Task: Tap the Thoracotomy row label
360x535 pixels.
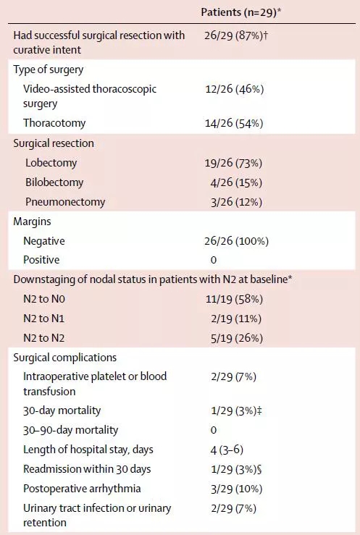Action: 54,123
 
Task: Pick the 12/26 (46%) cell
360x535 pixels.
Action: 235,89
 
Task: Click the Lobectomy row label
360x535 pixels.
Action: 51,163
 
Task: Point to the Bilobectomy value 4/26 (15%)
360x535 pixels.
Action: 236,182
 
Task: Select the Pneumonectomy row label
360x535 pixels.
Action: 65,202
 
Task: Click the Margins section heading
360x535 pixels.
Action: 32,222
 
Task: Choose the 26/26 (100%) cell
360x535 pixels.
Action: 236,241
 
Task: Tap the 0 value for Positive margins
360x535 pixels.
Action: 214,260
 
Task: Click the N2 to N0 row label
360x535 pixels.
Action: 44,299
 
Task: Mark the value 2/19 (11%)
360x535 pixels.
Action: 236,319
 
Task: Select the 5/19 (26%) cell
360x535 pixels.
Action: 236,338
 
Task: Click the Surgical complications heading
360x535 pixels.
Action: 65,358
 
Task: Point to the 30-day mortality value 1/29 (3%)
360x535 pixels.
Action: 236,410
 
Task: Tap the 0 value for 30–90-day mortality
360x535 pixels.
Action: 214,430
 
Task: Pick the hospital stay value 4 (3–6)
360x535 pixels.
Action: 227,450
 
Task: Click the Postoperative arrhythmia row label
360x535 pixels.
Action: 82,489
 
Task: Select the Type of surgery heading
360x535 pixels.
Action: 49,69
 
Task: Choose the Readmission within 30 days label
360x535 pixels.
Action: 87,469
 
